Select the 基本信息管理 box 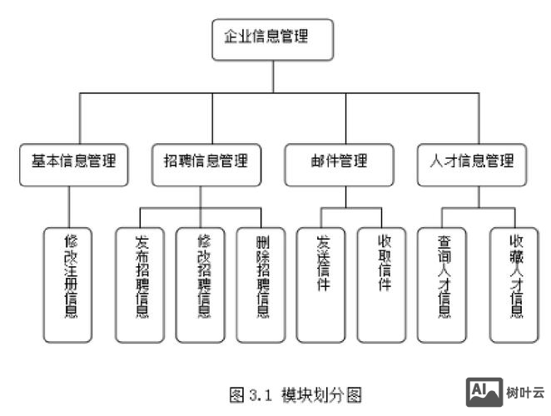pos(74,163)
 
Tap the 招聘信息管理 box pos(201,163)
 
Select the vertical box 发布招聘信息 pos(141,282)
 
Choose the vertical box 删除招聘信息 pos(261,282)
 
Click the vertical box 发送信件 pos(321,282)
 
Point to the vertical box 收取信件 pos(383,282)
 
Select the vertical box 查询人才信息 pos(444,282)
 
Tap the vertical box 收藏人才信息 pos(514,282)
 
